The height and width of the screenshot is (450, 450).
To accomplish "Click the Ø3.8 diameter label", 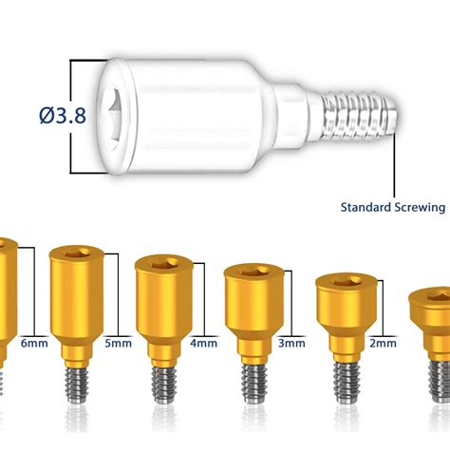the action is (63, 115).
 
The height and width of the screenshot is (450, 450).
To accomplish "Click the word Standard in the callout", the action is (366, 207).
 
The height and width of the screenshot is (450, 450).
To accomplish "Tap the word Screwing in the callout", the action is (420, 208).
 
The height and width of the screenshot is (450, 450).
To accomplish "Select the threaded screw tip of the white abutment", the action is (359, 116).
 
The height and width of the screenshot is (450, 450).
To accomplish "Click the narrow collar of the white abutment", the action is (291, 116).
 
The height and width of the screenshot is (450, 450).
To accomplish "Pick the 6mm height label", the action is (34, 343).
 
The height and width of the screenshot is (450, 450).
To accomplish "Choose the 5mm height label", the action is (119, 343).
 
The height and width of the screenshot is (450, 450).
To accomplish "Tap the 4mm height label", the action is (204, 343).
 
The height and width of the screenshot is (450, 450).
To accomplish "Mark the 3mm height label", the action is (291, 343).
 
